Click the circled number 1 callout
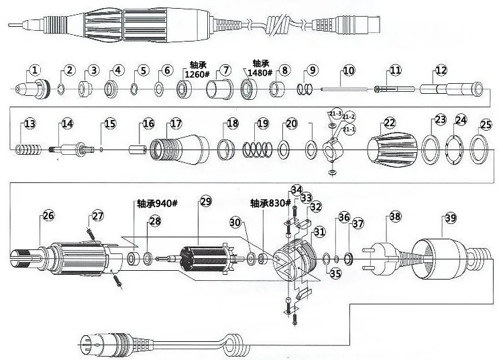click(35, 69)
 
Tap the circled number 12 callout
click(440, 70)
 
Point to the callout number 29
click(205, 201)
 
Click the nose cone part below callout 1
click(32, 88)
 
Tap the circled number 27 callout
click(98, 216)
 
